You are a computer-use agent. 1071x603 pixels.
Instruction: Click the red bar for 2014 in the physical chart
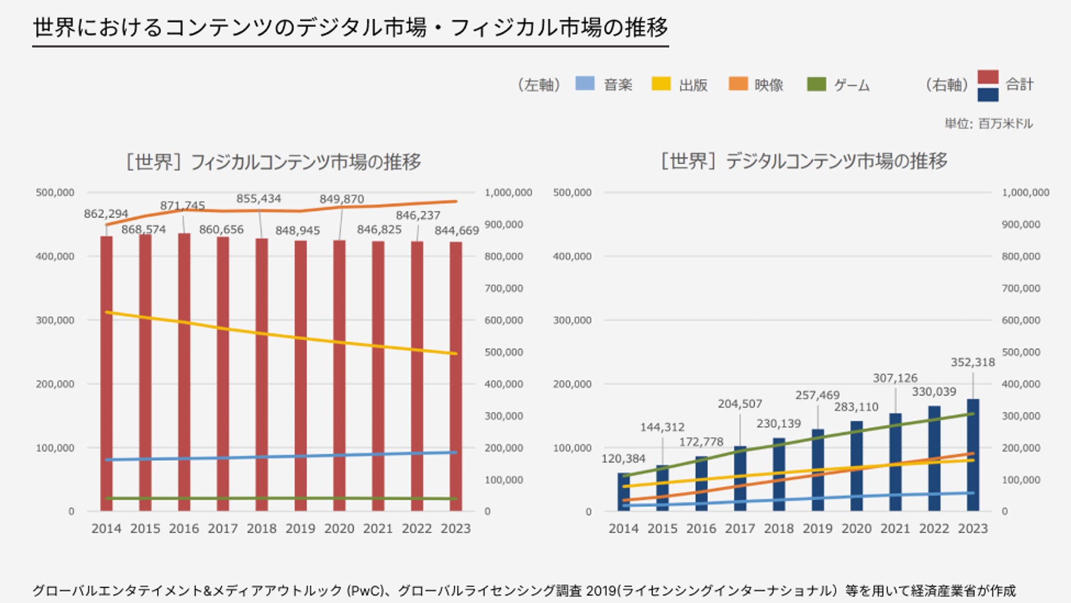(106, 373)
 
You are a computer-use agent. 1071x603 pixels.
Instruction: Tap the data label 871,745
(182, 205)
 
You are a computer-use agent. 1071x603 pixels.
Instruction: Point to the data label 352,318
(973, 362)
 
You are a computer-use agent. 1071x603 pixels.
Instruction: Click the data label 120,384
(623, 458)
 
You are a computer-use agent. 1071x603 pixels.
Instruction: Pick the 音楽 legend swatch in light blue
(585, 84)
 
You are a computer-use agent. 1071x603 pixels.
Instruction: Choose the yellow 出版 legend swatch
(661, 84)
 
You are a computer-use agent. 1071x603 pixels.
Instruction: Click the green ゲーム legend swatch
(817, 84)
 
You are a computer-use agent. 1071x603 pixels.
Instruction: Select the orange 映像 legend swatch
(738, 84)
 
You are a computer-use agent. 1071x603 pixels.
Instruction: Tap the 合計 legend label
(1019, 84)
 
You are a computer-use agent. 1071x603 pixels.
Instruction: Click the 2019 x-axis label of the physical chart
(300, 528)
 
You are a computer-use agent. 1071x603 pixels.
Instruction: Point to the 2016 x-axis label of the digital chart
(701, 528)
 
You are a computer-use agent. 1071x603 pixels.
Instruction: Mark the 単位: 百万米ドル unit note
(989, 124)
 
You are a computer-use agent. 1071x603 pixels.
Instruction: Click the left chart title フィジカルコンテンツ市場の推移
(274, 162)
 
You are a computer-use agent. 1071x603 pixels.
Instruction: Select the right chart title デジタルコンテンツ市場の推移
(804, 161)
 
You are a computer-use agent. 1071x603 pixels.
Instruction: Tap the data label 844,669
(456, 231)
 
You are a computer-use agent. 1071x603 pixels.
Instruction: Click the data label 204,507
(740, 404)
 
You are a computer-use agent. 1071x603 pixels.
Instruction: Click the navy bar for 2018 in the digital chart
(779, 475)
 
